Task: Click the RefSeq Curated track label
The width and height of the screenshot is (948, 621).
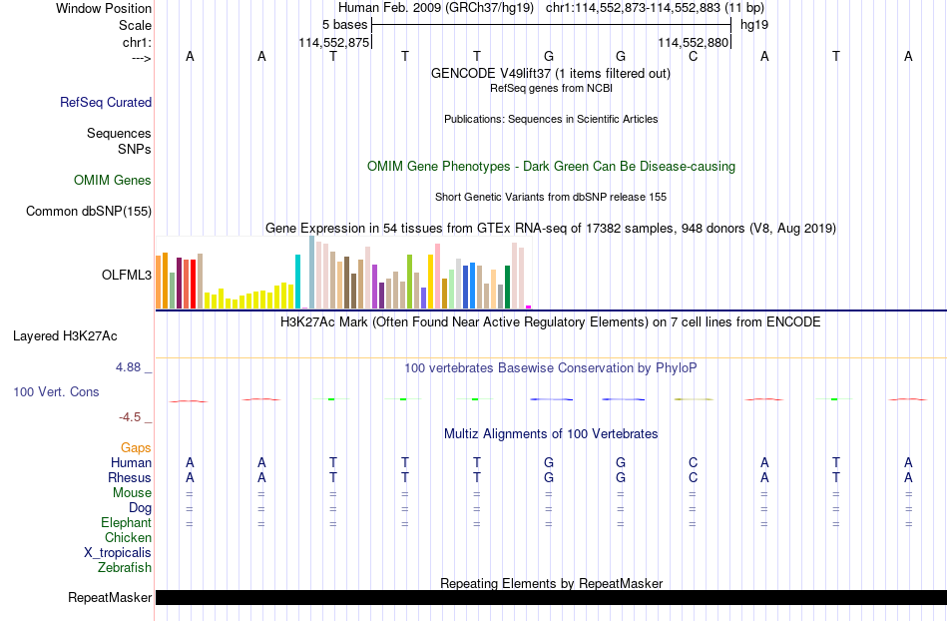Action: coord(106,102)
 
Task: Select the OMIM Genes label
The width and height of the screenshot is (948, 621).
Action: coord(113,180)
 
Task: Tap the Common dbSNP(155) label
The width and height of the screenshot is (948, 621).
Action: coord(89,211)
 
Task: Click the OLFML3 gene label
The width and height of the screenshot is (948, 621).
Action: coord(127,276)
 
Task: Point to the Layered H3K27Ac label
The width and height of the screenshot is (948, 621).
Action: coord(65,336)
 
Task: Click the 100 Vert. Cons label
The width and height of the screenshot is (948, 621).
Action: coord(56,391)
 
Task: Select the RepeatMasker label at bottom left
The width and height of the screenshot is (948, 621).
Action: coord(110,597)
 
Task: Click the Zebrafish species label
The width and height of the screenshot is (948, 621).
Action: coord(125,567)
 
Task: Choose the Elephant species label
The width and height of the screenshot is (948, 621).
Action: coord(126,522)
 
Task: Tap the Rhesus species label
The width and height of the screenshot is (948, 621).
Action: coord(130,477)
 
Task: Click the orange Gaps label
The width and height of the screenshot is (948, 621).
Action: coord(136,447)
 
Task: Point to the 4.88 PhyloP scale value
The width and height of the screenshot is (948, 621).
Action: coord(128,367)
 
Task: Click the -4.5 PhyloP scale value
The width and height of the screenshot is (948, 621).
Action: coord(130,416)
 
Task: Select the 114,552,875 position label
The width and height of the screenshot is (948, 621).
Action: coord(333,42)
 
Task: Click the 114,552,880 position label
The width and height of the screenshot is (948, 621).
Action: coord(693,42)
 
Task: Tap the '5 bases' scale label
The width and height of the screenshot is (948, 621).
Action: coord(344,25)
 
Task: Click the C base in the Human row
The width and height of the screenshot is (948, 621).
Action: coord(693,462)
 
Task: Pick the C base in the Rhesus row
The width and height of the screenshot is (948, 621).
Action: coord(693,477)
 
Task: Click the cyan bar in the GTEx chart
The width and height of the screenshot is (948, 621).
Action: coord(297,282)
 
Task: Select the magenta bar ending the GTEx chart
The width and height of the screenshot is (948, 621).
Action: coord(529,308)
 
